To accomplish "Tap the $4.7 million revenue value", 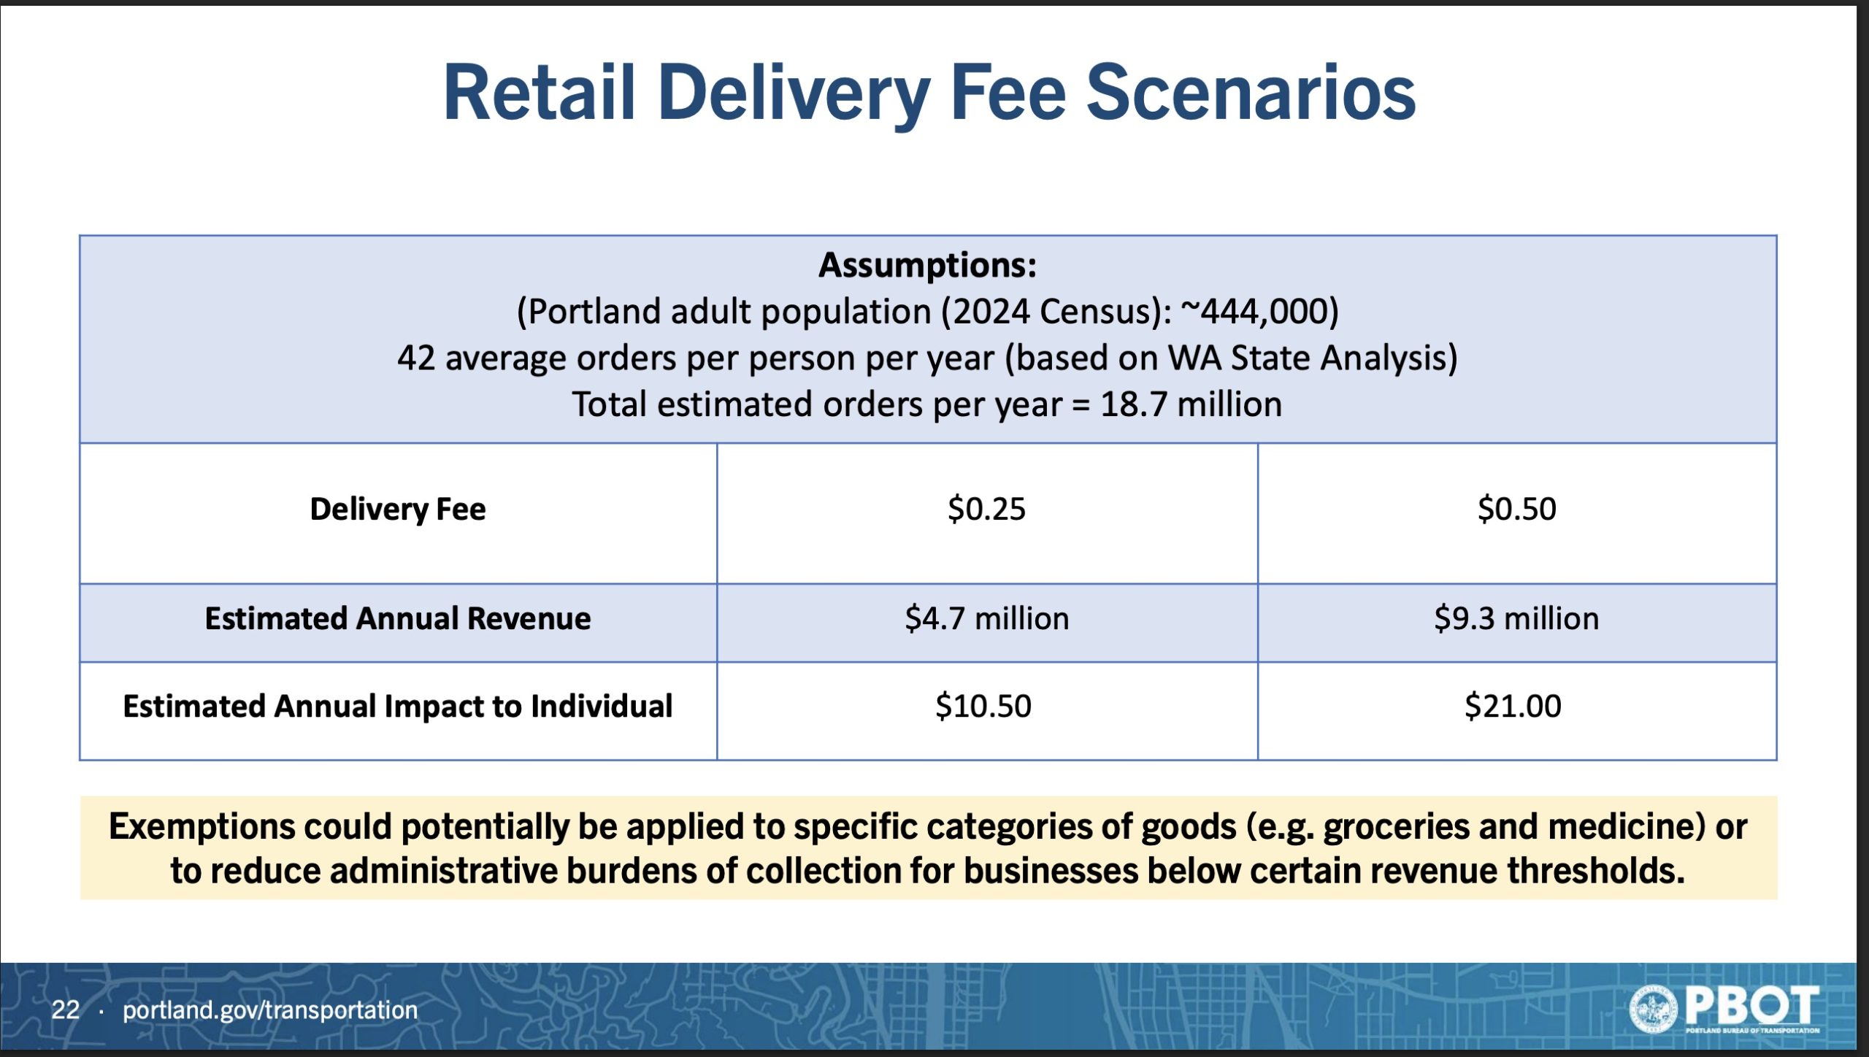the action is [986, 618].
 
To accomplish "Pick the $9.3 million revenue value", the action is [1516, 618].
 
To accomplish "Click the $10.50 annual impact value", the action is [983, 706].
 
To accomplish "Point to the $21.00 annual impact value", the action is [1513, 706].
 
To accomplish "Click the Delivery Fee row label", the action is [398, 509].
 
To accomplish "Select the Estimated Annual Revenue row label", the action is [398, 618].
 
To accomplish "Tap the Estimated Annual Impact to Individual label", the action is [398, 706].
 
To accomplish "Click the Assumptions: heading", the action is [927, 264].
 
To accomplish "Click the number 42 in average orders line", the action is [416, 358].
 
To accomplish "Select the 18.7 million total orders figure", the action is [1191, 404].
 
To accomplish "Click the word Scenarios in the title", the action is [1251, 93].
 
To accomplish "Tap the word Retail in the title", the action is [540, 93].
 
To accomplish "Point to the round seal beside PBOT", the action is [1654, 1008].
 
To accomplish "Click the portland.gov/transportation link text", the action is [270, 1010].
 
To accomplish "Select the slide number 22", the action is [65, 1010].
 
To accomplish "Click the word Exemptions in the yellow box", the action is [202, 827].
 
